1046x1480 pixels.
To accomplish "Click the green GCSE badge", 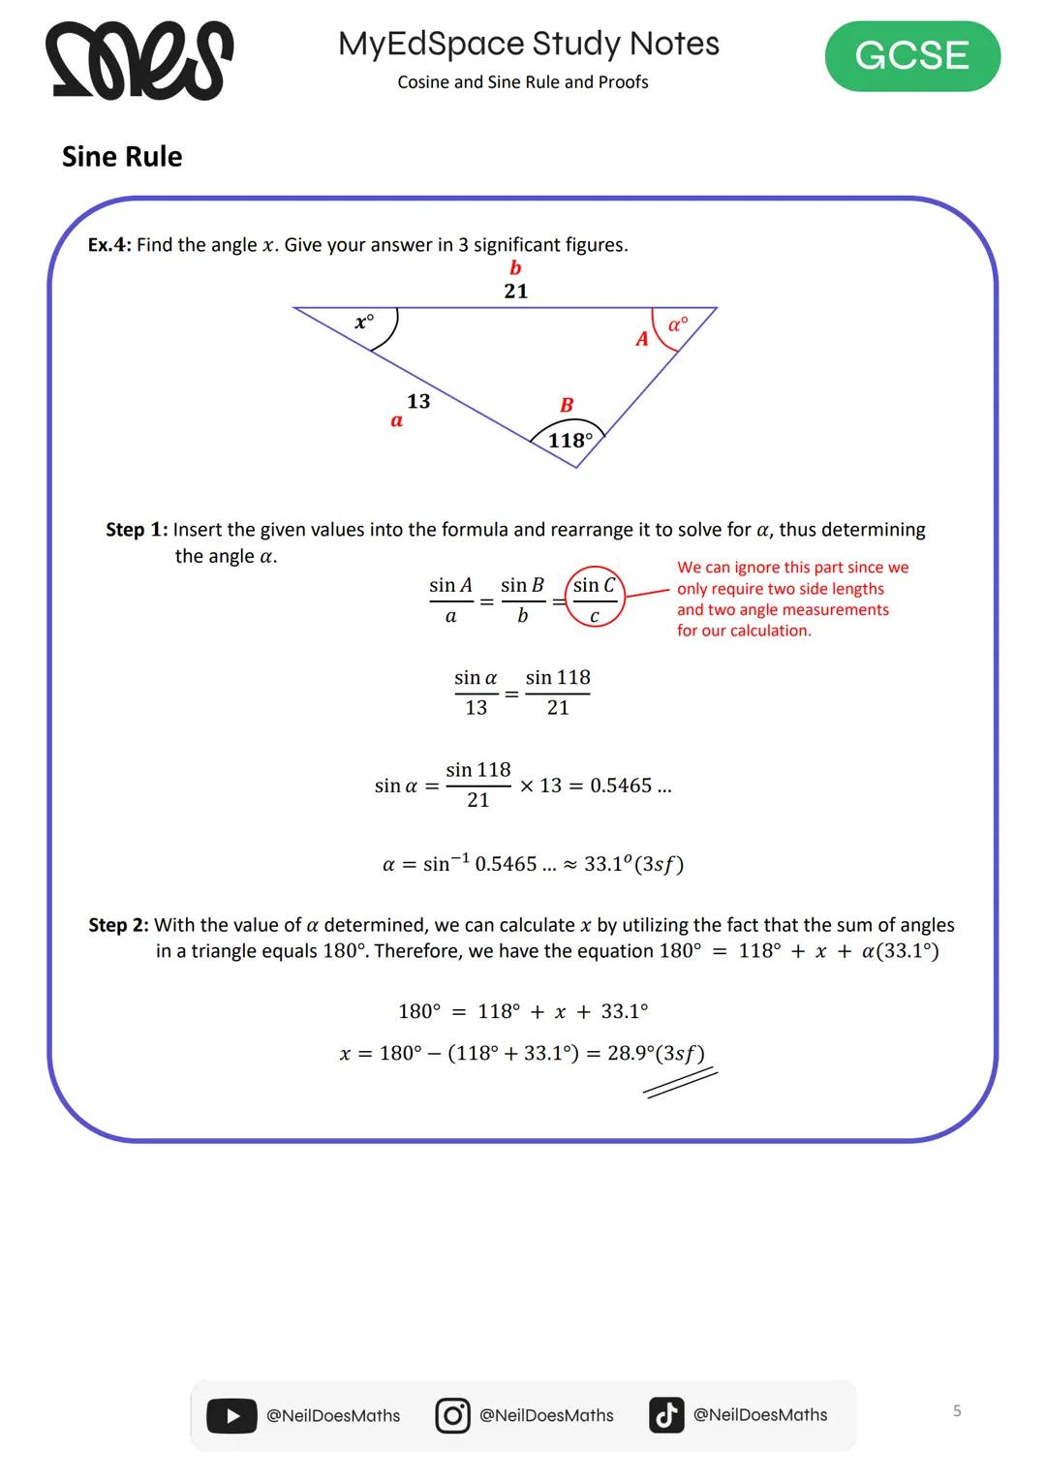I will tap(911, 56).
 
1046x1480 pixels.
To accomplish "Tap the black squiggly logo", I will tap(138, 60).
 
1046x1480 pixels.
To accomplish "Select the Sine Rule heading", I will tap(122, 157).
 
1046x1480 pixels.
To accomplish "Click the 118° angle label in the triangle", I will tap(569, 441).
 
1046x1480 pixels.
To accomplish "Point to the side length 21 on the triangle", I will tap(516, 291).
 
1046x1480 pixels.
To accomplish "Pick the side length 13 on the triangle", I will tap(418, 401).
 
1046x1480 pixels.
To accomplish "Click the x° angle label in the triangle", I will tap(364, 321).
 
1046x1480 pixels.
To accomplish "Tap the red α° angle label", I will tap(678, 324).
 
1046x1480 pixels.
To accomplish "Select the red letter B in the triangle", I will tap(567, 405).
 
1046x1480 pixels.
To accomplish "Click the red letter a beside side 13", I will tap(396, 420).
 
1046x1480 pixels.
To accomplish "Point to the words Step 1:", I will tap(136, 530).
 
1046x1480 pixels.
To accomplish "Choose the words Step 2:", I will tap(118, 925).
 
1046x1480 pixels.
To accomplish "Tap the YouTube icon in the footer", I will tap(231, 1415).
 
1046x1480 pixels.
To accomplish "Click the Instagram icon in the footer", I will tap(452, 1415).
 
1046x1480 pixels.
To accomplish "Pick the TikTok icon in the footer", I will tap(666, 1415).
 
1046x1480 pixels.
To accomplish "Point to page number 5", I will tap(957, 1410).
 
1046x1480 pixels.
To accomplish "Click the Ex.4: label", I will tap(109, 245).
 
